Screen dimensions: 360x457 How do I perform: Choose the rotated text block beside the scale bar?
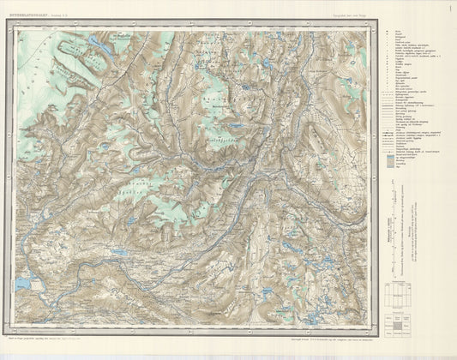(x=414, y=240)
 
